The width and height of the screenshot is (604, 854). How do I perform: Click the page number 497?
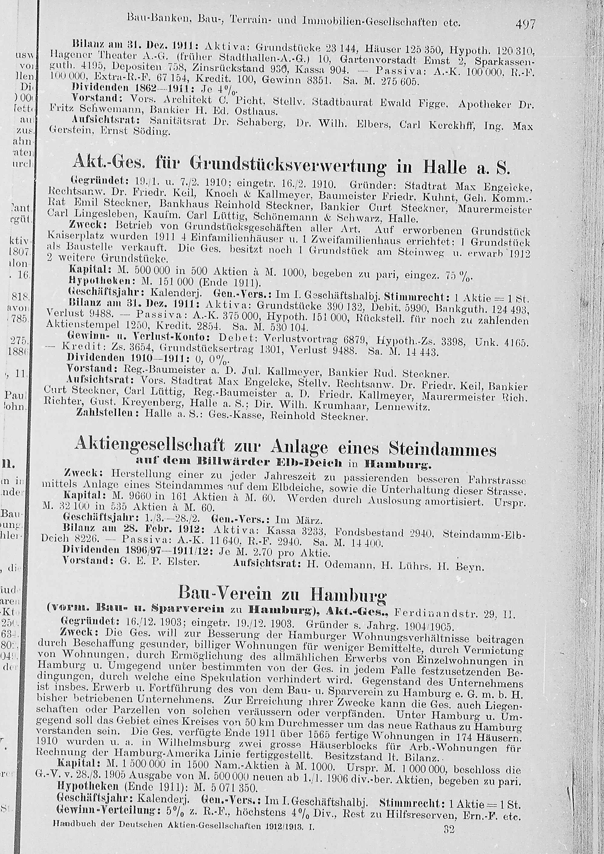[x=525, y=24]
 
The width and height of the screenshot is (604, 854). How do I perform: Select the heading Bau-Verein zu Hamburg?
[x=282, y=592]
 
